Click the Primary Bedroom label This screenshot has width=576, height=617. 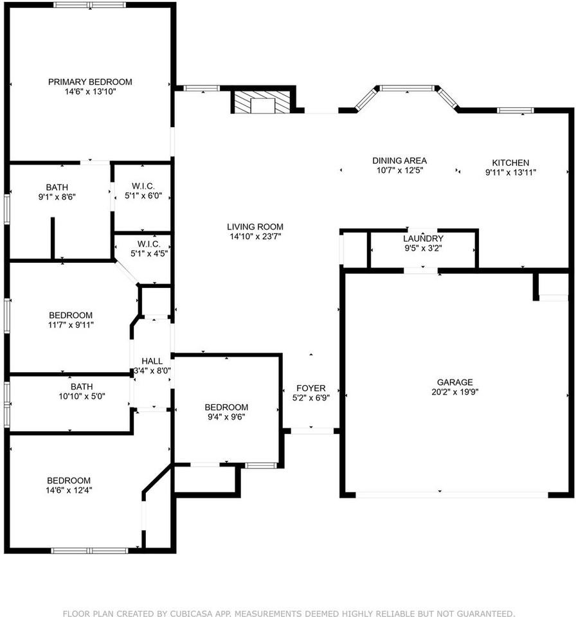[90, 82]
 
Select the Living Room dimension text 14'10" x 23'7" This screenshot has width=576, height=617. [255, 236]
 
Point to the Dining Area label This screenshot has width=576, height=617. [399, 161]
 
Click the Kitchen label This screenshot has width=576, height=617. [510, 163]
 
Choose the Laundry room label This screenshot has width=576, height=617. [424, 238]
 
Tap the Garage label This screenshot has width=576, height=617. [455, 382]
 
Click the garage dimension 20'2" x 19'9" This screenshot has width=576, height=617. [455, 392]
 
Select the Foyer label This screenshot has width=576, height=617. [310, 388]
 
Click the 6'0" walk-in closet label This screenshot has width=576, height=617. [142, 186]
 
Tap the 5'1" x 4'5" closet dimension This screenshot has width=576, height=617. [142, 254]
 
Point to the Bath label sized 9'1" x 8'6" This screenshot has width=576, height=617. [57, 188]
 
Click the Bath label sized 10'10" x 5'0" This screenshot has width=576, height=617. [82, 386]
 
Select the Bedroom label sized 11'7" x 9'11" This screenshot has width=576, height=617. [71, 315]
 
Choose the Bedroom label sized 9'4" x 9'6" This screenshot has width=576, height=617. [226, 407]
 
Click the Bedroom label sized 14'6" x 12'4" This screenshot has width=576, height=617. [68, 480]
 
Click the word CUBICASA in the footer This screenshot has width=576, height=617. [190, 613]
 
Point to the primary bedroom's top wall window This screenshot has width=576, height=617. [90, 5]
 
